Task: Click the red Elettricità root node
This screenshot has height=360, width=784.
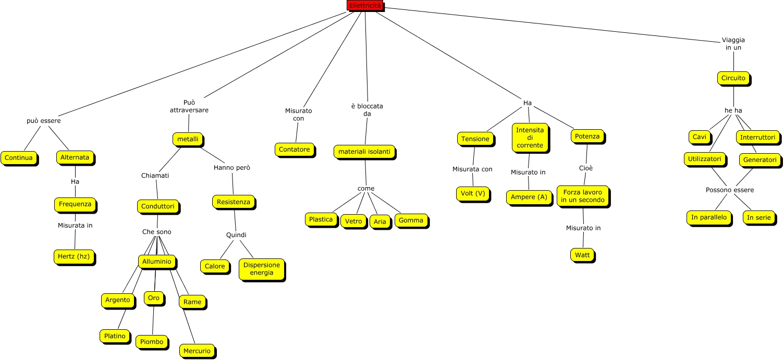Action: click(x=365, y=6)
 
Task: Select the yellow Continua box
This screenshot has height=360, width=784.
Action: click(x=19, y=157)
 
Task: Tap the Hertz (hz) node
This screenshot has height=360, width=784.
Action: click(x=75, y=256)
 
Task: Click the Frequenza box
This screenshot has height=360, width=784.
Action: click(x=75, y=204)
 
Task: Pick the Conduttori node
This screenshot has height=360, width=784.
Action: click(x=158, y=206)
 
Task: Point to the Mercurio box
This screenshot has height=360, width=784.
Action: click(x=197, y=351)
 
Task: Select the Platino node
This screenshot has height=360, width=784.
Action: click(x=115, y=336)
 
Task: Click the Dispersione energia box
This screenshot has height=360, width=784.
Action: click(x=262, y=269)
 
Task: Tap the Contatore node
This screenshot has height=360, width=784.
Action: click(x=295, y=149)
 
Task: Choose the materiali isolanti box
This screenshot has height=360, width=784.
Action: click(x=364, y=151)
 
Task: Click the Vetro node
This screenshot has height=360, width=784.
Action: click(x=353, y=221)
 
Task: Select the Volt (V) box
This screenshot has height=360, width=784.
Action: click(x=473, y=193)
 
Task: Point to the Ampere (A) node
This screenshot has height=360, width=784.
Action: click(x=529, y=197)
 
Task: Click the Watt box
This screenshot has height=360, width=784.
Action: click(x=582, y=255)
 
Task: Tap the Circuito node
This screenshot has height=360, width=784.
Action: click(x=733, y=78)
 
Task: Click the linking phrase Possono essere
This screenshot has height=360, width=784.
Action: click(x=730, y=190)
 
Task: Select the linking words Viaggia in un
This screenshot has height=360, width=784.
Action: click(x=733, y=43)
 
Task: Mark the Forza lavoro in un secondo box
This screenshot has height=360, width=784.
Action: click(x=582, y=196)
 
